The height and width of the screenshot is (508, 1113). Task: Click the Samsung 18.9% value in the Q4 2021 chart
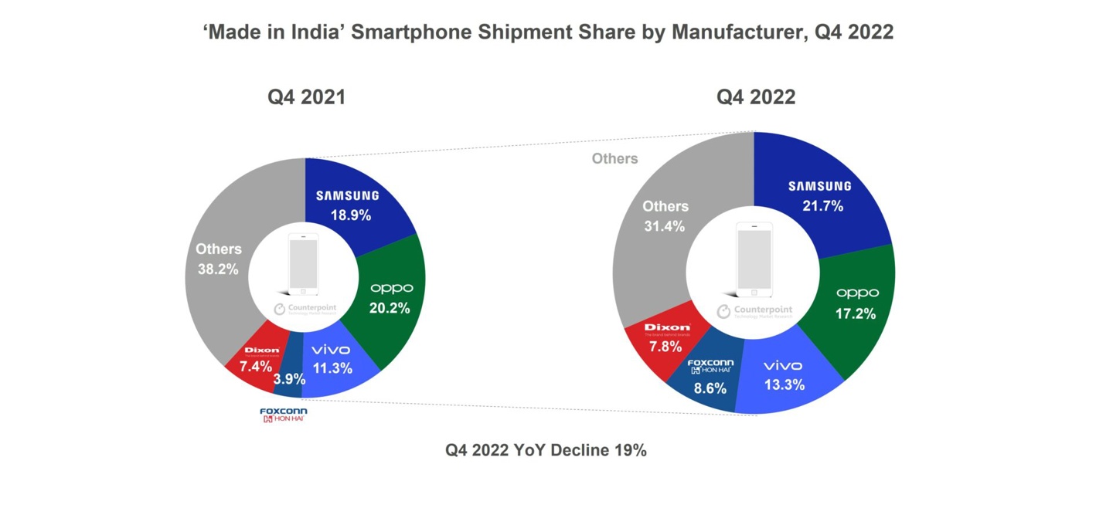(351, 215)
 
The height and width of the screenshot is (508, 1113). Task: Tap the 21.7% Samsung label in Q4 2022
(823, 206)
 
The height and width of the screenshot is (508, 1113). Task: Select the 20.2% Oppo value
(390, 308)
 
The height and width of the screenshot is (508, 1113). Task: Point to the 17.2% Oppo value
(856, 313)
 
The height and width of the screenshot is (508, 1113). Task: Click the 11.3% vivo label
(332, 368)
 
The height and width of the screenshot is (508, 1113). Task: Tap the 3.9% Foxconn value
(289, 379)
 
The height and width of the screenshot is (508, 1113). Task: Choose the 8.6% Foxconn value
(710, 388)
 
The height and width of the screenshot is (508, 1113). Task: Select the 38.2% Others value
(218, 269)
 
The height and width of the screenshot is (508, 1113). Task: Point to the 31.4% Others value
(665, 226)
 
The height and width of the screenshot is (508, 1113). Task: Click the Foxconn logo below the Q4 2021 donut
(284, 415)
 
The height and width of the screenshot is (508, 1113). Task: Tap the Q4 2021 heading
(306, 97)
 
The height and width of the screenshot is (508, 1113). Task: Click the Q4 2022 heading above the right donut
(755, 97)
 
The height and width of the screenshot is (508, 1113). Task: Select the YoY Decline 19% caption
(545, 450)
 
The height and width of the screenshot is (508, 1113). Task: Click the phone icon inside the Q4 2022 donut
(754, 259)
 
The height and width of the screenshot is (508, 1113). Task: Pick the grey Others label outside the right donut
(614, 158)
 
